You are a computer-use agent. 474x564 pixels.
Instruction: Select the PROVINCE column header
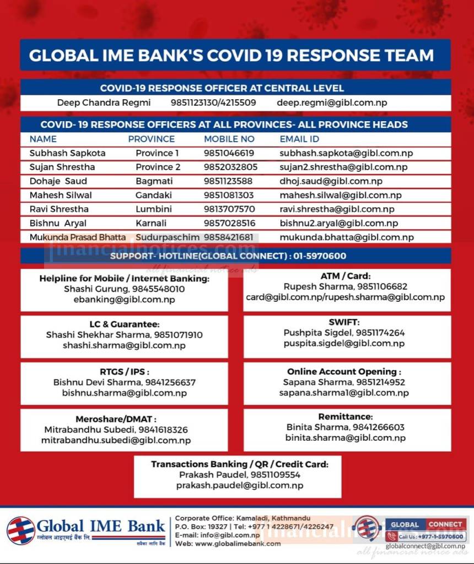click(x=151, y=139)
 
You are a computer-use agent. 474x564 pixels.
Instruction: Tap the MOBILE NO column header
click(x=229, y=139)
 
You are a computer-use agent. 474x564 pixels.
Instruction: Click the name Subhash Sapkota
click(x=67, y=153)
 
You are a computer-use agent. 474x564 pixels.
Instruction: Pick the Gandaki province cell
click(x=154, y=195)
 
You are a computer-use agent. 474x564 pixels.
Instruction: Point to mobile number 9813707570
click(x=229, y=209)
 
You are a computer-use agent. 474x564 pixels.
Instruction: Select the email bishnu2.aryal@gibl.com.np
click(x=338, y=223)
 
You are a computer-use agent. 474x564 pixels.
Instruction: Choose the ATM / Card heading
click(x=345, y=276)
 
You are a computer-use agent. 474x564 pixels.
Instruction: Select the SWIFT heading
click(x=344, y=322)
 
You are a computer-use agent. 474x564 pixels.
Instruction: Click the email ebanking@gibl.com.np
click(x=124, y=299)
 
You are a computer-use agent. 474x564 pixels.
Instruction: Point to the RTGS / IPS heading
click(x=124, y=372)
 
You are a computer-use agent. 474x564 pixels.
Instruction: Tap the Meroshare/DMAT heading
click(x=124, y=419)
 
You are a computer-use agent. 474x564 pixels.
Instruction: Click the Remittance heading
click(x=345, y=417)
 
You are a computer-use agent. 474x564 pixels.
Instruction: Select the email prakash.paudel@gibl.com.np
click(x=239, y=485)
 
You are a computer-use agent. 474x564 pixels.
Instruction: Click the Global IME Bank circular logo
click(x=20, y=530)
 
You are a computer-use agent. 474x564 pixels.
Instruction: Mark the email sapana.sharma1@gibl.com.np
click(x=344, y=393)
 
